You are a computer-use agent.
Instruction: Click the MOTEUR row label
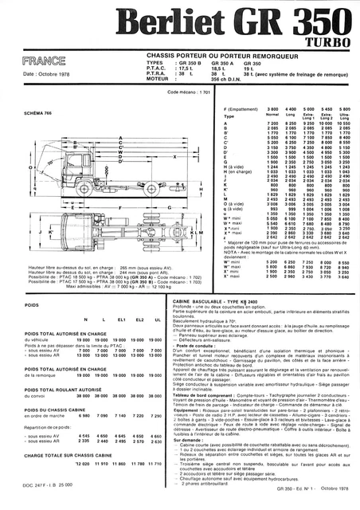pos(157,79)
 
